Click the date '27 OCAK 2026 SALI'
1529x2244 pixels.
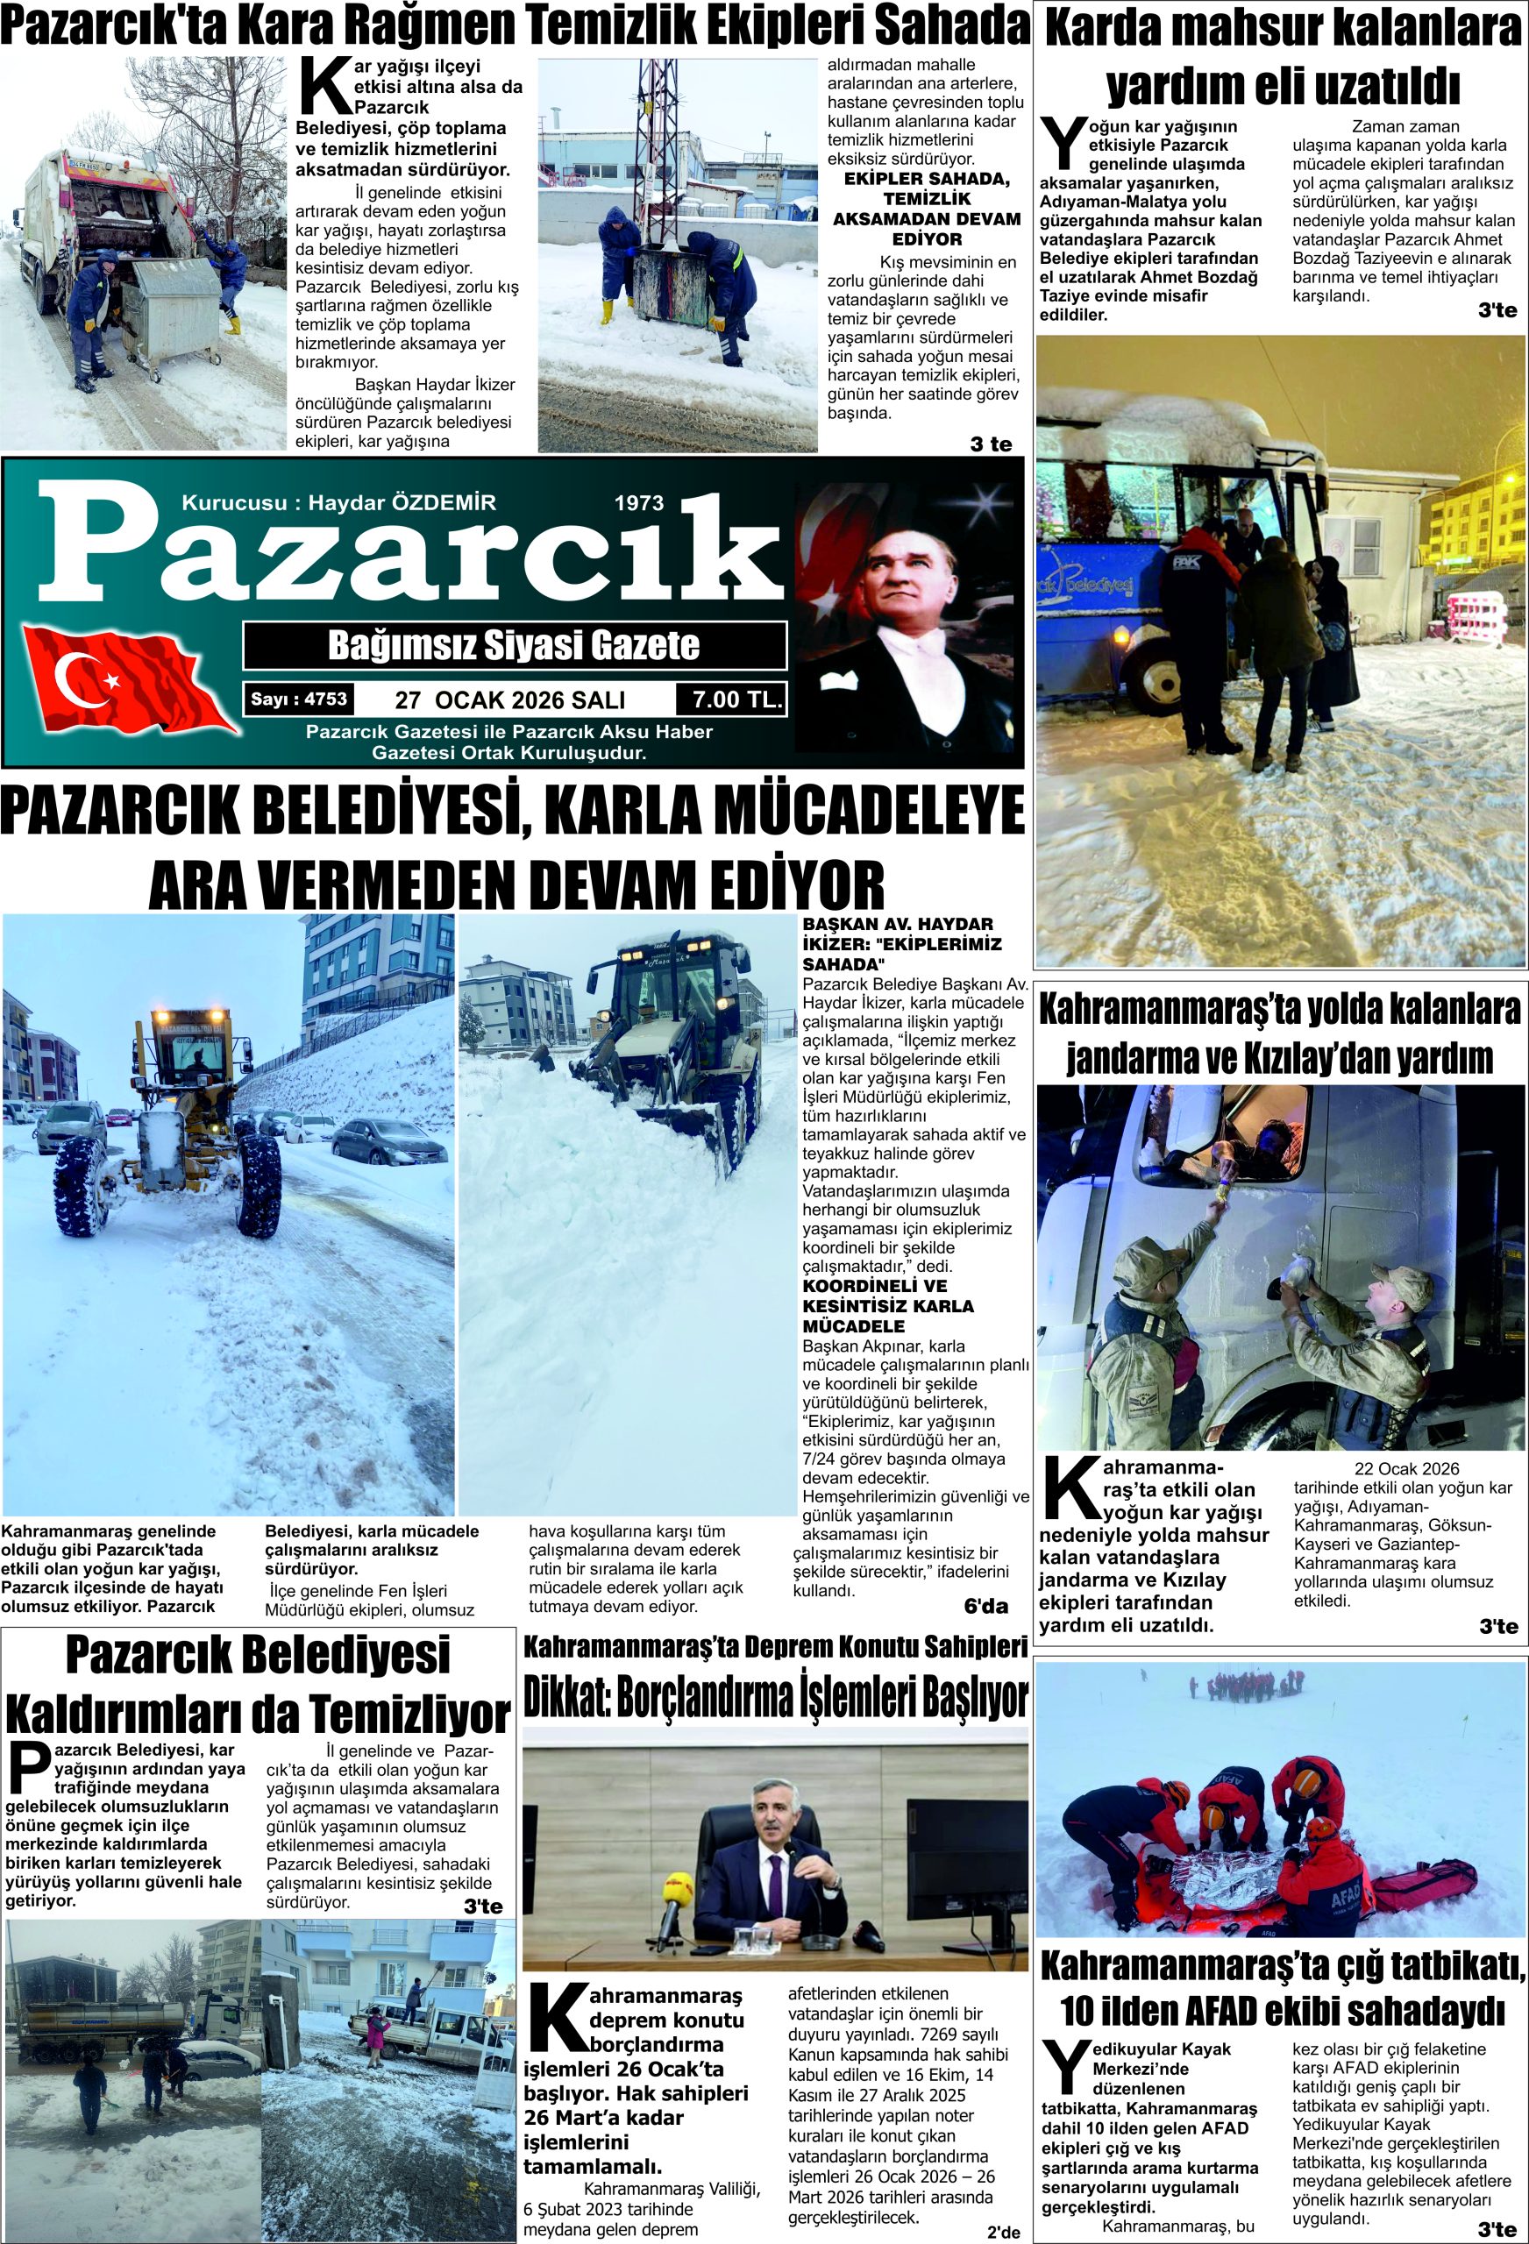pos(510,700)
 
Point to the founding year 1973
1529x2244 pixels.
pos(638,502)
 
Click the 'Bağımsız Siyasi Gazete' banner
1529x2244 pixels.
pos(514,645)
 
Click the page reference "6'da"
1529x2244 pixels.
pos(985,1606)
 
